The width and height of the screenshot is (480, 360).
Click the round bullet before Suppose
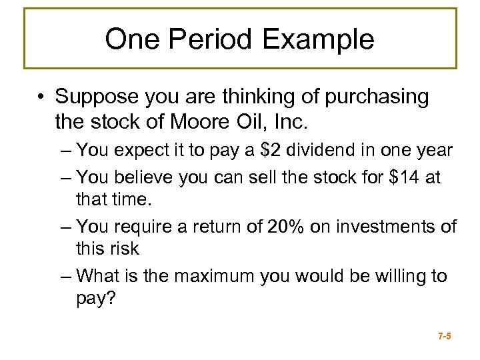click(42, 97)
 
